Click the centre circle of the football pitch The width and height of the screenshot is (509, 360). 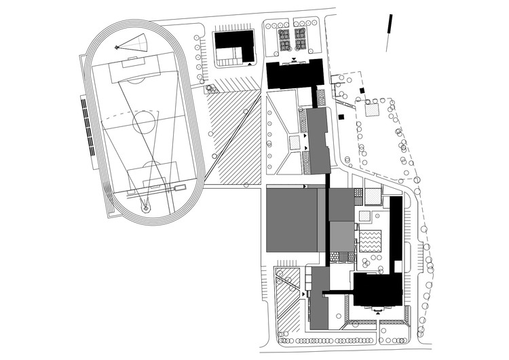144,123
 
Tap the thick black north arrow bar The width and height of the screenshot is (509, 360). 390,24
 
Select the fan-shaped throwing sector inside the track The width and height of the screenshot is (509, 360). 134,44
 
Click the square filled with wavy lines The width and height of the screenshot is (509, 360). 371,240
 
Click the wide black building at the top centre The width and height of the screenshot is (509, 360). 295,74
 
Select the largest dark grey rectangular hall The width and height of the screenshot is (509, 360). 292,220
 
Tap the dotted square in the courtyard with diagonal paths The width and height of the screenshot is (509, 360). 295,143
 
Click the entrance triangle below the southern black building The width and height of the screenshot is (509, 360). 375,311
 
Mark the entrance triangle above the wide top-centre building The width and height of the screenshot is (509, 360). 294,60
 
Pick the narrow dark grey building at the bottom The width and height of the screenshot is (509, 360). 318,299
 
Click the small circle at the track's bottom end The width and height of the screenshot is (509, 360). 145,209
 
